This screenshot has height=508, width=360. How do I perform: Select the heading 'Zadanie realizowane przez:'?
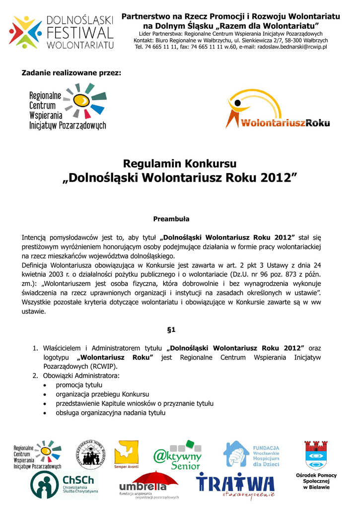coord(71,73)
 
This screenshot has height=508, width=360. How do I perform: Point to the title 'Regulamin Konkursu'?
coord(180,164)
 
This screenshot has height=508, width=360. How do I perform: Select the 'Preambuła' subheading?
coord(172,218)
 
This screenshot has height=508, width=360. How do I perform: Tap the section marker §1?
coord(172,329)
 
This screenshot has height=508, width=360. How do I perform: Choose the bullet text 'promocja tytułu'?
coord(79,385)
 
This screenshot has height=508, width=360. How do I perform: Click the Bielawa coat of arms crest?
coord(316,454)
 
